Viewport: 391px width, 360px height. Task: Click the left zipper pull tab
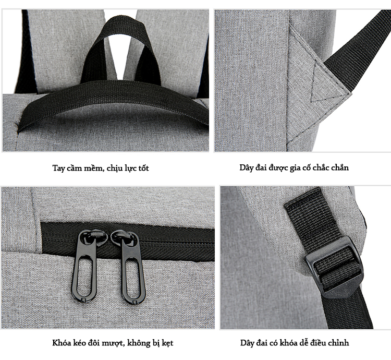tap(84, 265)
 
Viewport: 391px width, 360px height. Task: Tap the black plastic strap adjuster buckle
tap(335, 268)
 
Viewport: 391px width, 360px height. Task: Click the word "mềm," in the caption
tap(94, 168)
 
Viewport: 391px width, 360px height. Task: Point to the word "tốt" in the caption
tap(143, 168)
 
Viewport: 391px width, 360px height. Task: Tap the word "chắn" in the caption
tap(340, 167)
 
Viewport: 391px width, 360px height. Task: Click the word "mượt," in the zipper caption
tap(114, 343)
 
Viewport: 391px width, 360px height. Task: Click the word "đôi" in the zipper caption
tap(95, 343)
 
